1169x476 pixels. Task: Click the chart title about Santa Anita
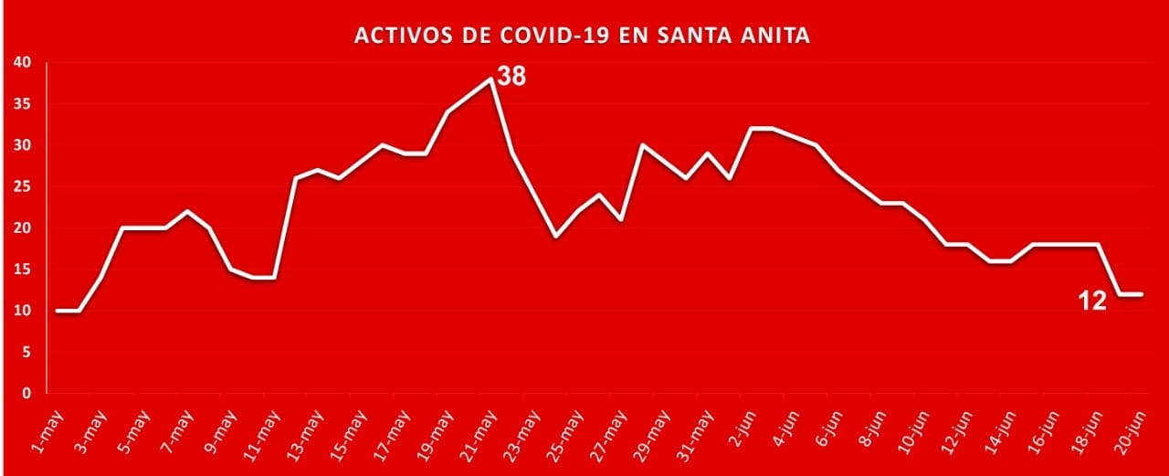point(582,37)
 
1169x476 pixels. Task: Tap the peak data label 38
point(511,76)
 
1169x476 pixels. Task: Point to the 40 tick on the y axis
point(22,63)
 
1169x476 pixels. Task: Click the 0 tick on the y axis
point(27,394)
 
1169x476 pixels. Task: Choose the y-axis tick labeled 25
point(22,187)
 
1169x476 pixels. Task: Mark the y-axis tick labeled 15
point(22,270)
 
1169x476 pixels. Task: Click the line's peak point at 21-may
point(491,79)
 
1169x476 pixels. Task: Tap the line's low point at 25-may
point(556,236)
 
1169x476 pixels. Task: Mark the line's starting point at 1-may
point(57,311)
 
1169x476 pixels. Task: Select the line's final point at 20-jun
point(1142,294)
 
